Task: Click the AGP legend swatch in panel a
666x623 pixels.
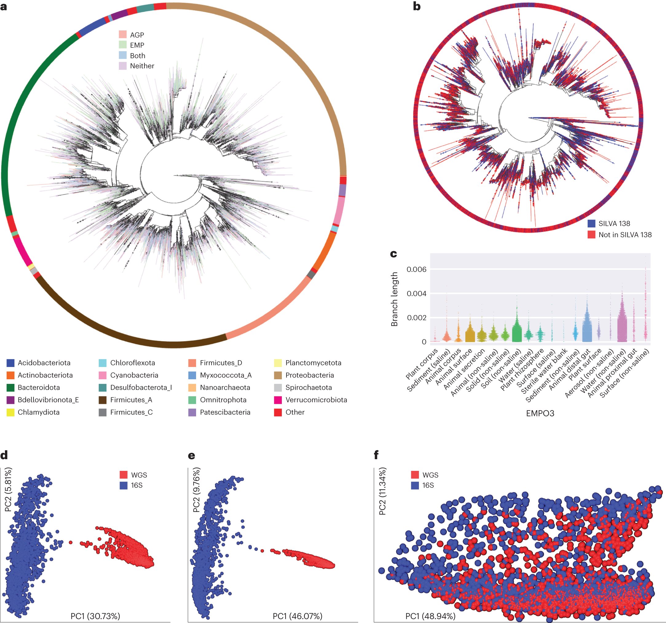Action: [x=123, y=34]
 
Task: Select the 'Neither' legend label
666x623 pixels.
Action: [x=142, y=66]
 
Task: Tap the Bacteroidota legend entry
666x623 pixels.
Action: [x=38, y=388]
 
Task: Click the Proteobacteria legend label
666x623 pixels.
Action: [x=309, y=375]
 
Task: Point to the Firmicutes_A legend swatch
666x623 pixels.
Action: [x=103, y=400]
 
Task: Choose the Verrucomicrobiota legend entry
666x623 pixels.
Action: [x=316, y=400]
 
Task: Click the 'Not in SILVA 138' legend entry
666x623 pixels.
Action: [x=625, y=235]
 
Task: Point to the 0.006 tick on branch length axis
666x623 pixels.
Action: [x=416, y=270]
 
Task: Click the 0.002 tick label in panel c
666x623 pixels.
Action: [x=416, y=317]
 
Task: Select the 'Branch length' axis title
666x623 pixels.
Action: [x=394, y=299]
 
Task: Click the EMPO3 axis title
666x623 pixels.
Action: [x=540, y=413]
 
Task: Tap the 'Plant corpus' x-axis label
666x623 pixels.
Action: [x=422, y=365]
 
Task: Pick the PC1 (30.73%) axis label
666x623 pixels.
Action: [x=95, y=616]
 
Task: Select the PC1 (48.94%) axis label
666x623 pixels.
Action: [x=430, y=616]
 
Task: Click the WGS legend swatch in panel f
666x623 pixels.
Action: [x=415, y=475]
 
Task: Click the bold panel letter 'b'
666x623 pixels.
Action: [x=417, y=6]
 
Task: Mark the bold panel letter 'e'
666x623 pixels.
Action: [x=192, y=455]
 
